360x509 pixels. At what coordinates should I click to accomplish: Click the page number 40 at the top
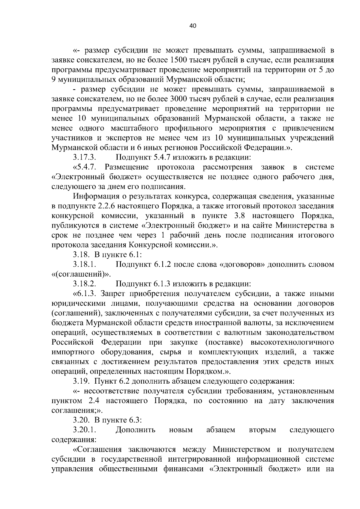(193, 26)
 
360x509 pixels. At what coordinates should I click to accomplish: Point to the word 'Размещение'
(127, 167)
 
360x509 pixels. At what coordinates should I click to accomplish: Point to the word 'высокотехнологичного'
(292, 342)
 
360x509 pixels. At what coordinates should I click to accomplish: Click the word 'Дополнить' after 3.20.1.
(136, 430)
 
